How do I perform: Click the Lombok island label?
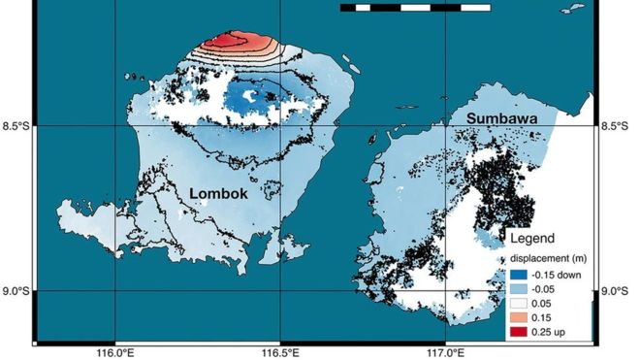point(218,193)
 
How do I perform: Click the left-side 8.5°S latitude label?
point(16,126)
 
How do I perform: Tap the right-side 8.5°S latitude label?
point(620,126)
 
